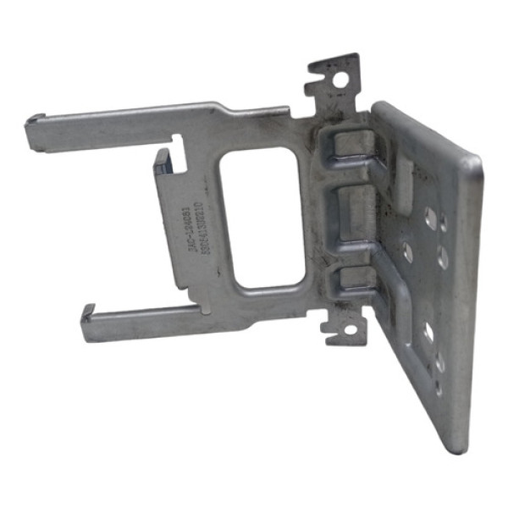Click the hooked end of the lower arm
click(88, 317)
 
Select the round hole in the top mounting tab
click(342, 82)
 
